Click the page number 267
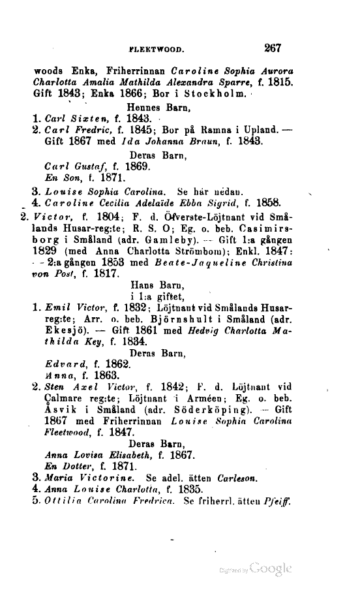273,47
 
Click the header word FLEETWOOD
159,48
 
